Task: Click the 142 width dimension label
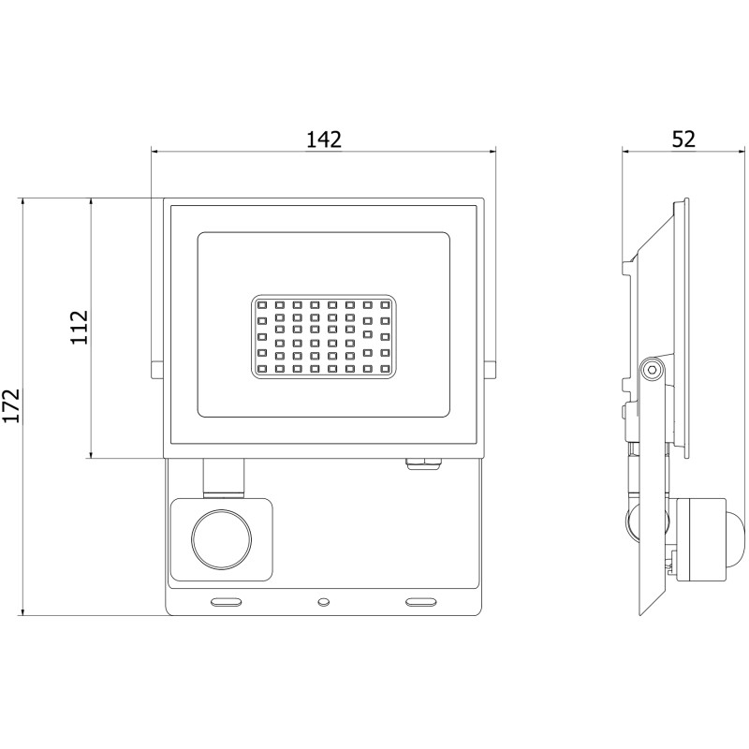[x=323, y=140]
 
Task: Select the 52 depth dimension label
[x=683, y=140]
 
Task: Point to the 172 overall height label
[x=11, y=405]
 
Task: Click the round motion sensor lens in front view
[x=222, y=539]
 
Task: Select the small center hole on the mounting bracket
[x=323, y=597]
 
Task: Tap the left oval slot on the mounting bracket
[x=227, y=597]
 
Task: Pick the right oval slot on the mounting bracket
[x=420, y=597]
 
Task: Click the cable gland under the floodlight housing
[x=424, y=463]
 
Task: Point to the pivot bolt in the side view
[x=653, y=369]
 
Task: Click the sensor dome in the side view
[x=735, y=539]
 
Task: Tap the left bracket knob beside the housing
[x=157, y=370]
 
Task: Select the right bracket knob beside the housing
[x=490, y=370]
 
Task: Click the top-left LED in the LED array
[x=262, y=304]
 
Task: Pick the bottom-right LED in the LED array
[x=385, y=369]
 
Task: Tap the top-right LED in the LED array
[x=385, y=304]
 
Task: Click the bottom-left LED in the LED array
[x=262, y=369]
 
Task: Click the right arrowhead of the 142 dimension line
[x=493, y=152]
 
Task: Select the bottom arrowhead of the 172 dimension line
[x=22, y=611]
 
